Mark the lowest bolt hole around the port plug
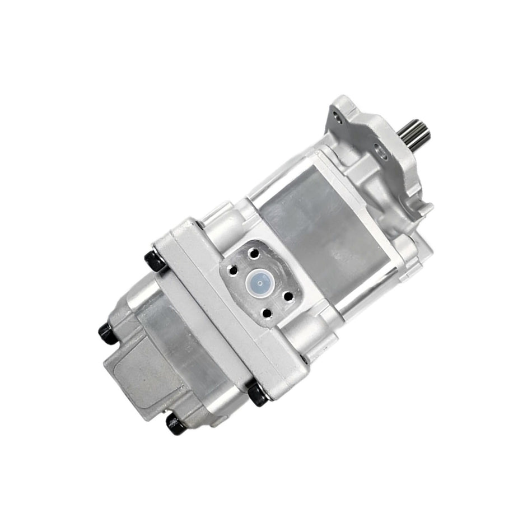click(x=267, y=314)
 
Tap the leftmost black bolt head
click(x=108, y=333)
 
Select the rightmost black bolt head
click(x=258, y=395)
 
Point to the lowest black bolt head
click(x=176, y=424)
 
